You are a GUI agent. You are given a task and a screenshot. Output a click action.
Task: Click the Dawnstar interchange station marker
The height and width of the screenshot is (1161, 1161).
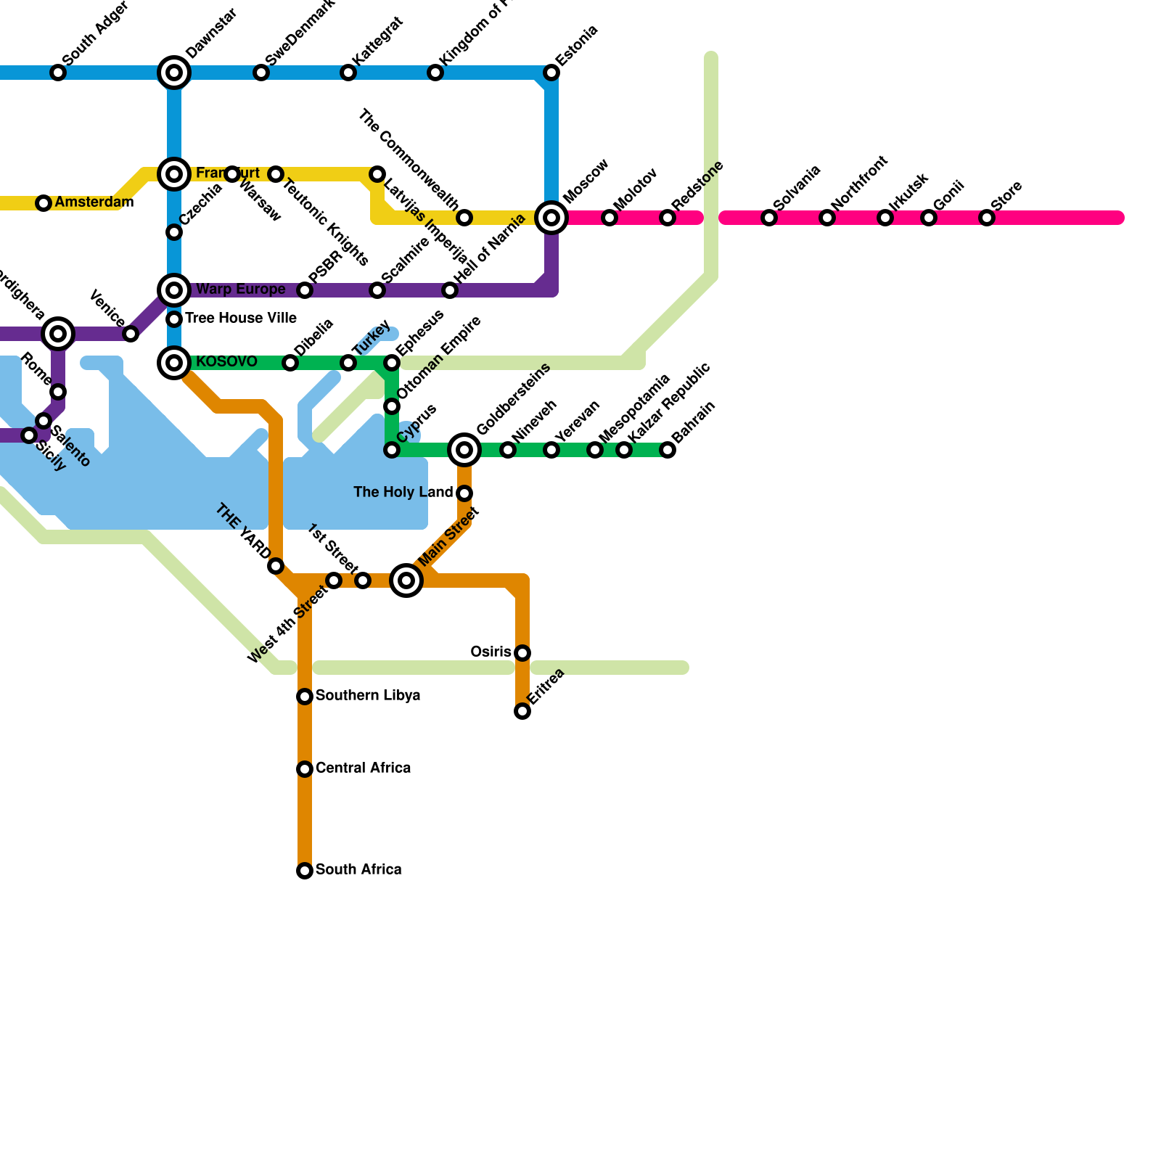(x=174, y=73)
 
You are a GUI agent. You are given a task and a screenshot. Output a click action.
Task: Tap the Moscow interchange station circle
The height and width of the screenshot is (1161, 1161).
(x=551, y=218)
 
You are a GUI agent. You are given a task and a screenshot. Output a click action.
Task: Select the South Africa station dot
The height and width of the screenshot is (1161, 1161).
(x=305, y=871)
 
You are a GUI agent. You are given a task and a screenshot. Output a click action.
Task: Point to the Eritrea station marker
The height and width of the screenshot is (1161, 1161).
(x=522, y=711)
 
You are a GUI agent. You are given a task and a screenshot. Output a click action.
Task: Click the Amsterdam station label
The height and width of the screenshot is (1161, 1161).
(x=94, y=202)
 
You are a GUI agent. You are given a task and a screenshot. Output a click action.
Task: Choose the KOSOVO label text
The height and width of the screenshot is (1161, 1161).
(x=226, y=361)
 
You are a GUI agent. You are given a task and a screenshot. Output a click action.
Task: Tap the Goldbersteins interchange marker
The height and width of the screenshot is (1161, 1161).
(x=464, y=450)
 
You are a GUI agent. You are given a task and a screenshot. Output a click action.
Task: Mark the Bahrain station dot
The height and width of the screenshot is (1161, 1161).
(x=668, y=450)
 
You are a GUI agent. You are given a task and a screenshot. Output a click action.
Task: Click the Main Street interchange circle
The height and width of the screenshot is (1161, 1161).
(x=406, y=580)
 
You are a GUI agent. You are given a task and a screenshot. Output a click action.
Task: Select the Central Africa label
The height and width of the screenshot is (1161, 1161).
(x=363, y=768)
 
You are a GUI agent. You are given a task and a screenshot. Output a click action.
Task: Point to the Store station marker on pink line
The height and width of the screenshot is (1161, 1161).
(x=987, y=218)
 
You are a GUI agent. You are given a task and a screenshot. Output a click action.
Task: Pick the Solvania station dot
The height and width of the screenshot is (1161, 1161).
(x=769, y=218)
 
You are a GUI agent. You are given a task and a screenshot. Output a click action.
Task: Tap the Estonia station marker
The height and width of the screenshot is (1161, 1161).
(x=551, y=73)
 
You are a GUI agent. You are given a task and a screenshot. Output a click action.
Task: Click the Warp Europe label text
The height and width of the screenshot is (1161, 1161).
(x=240, y=289)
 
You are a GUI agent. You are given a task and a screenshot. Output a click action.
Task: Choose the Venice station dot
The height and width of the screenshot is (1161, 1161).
(x=131, y=334)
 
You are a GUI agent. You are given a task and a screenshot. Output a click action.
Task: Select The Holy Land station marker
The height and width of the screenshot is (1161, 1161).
(x=464, y=493)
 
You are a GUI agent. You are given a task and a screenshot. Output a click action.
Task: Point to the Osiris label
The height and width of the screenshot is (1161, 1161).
(x=491, y=652)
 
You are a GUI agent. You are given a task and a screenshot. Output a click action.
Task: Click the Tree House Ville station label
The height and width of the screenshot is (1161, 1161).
(x=240, y=318)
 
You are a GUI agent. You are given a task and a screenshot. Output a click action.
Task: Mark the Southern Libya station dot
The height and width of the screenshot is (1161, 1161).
(x=305, y=697)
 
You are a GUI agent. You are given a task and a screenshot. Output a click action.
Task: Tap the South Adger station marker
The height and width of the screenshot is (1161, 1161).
(x=58, y=73)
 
